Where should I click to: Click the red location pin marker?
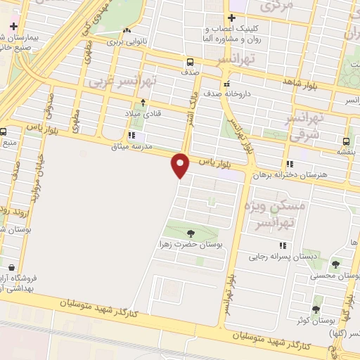[x=181, y=165]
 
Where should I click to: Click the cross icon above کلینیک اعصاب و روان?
[x=231, y=18]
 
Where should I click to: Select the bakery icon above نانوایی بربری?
[x=127, y=31]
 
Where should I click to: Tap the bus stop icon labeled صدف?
[x=191, y=60]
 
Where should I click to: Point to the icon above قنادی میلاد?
[x=143, y=103]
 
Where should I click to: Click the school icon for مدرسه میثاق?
[x=131, y=136]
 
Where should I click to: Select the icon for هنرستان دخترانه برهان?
[x=290, y=164]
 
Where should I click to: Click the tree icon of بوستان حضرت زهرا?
[x=191, y=233]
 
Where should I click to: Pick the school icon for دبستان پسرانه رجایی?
[x=283, y=245]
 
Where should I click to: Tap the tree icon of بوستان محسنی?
[x=335, y=265]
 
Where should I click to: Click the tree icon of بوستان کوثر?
[x=316, y=309]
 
